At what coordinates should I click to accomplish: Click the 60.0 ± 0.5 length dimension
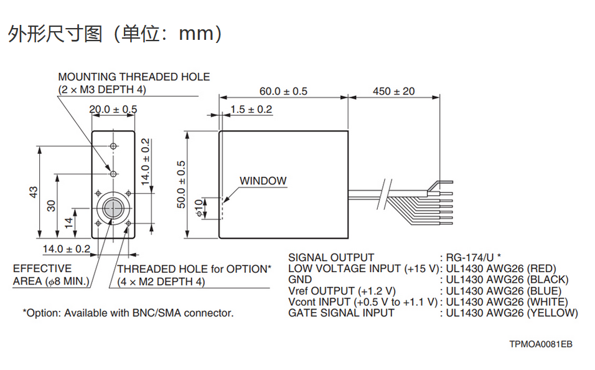283,91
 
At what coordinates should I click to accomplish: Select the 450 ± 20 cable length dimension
393,91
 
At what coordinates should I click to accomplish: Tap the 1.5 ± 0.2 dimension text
251,110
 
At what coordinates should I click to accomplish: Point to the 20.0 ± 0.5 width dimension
113,110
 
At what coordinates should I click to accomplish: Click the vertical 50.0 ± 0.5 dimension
182,184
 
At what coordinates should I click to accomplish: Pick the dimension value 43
34,192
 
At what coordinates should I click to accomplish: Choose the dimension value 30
52,205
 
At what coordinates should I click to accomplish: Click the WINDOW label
263,181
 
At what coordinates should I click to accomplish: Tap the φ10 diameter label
199,208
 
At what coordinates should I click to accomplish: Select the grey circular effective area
113,208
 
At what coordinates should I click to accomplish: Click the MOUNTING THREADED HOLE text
134,77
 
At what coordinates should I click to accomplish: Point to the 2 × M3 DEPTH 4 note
102,90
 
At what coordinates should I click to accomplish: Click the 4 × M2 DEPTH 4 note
161,282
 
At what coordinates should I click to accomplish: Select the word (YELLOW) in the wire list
552,313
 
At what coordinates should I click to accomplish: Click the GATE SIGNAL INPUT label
341,313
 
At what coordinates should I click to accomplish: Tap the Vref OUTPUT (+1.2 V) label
342,291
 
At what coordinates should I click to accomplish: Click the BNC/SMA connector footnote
128,313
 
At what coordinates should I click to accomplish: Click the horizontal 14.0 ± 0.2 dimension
66,249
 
